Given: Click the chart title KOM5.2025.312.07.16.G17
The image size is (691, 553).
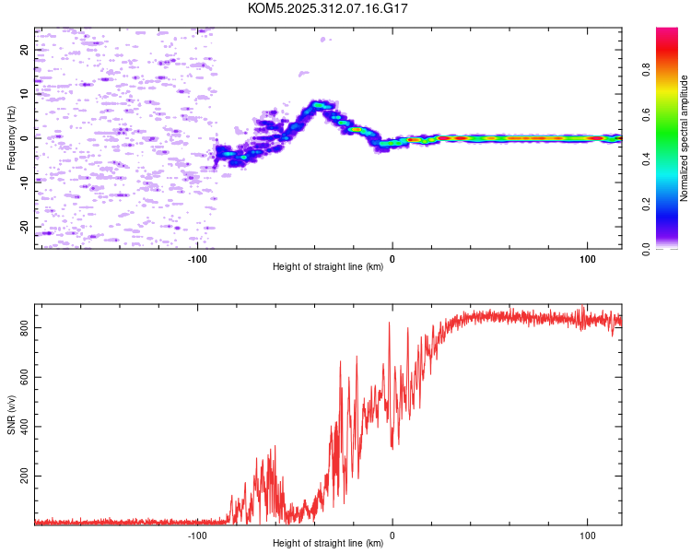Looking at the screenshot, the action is tap(327, 8).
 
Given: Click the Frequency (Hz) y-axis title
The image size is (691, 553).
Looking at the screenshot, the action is tap(11, 138).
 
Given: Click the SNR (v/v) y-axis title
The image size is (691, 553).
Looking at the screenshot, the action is tap(11, 415).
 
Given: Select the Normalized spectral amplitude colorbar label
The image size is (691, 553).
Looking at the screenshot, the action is tap(684, 138).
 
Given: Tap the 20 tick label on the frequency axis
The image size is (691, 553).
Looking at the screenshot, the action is tap(24, 50).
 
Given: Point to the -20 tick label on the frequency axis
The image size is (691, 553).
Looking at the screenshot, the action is tap(24, 228).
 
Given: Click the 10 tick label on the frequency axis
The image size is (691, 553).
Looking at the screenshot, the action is tap(24, 93).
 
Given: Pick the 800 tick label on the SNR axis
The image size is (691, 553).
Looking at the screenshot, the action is tap(24, 328).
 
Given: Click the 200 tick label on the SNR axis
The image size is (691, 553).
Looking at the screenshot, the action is tap(24, 476).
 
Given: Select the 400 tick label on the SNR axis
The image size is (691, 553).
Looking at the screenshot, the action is tap(24, 427).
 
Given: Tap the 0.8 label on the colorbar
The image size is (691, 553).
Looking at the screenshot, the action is tap(646, 70).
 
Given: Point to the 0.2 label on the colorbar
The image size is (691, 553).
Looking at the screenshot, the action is tap(646, 205).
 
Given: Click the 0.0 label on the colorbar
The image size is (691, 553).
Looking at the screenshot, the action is tap(646, 249).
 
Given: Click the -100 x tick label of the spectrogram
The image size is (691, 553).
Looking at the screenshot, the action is tap(197, 259).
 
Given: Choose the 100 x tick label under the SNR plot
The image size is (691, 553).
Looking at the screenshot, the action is tap(588, 535).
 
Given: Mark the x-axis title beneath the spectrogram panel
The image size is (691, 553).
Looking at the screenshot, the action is tap(328, 266).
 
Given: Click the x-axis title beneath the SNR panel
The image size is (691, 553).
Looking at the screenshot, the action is tap(328, 543).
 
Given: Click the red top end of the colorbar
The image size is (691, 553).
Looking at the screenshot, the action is tap(667, 29).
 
